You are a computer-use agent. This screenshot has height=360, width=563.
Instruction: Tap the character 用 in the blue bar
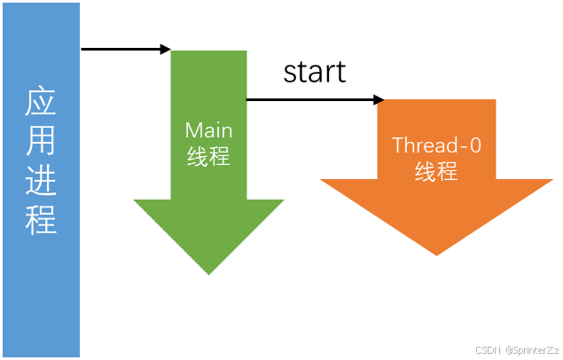coord(41,143)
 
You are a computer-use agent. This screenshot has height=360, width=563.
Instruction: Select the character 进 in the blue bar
coord(41,181)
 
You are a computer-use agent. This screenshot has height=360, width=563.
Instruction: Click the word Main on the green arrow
coord(208,130)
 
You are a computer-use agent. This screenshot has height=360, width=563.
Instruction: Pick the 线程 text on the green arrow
coord(208,158)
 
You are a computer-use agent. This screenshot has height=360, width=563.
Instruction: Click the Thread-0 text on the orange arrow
coord(436,145)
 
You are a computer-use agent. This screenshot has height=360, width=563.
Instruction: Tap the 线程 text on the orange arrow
coord(436,172)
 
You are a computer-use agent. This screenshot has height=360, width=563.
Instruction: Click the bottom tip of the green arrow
coord(209,277)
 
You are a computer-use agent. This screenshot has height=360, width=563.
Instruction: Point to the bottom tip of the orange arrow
coord(436,258)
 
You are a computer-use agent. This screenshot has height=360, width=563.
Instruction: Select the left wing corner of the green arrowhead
coord(130,199)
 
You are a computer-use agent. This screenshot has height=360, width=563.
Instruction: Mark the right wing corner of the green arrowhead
coord(289,199)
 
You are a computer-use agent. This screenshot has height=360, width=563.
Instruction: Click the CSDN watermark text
coord(488,349)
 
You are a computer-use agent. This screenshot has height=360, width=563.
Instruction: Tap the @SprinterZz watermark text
coord(530,349)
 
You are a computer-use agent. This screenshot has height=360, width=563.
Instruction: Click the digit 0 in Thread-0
coord(475,145)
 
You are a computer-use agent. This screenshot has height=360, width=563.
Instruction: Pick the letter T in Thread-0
coord(397,145)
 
